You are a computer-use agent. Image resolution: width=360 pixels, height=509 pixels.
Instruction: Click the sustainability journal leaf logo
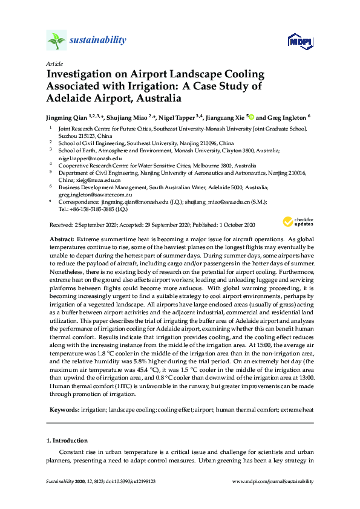coord(56,41)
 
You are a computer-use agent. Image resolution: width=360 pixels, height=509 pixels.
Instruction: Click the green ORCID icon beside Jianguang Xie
coord(251,117)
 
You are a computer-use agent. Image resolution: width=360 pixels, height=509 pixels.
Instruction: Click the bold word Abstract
coord(62,240)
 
